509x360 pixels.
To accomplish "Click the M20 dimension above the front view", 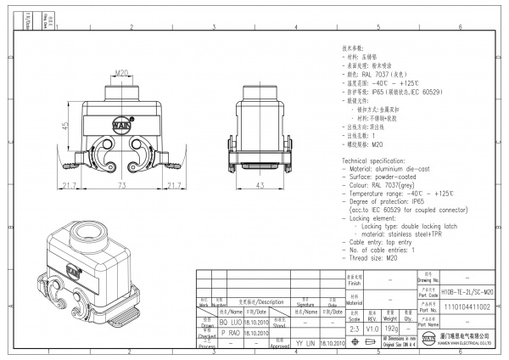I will [x=120, y=73].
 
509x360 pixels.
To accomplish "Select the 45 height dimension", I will [x=65, y=126].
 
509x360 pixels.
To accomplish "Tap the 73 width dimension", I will [x=121, y=185].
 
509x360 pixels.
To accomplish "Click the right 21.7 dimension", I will [x=173, y=185].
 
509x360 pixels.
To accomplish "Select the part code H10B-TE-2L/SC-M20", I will [x=467, y=290].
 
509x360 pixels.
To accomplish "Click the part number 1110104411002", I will [x=467, y=307].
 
